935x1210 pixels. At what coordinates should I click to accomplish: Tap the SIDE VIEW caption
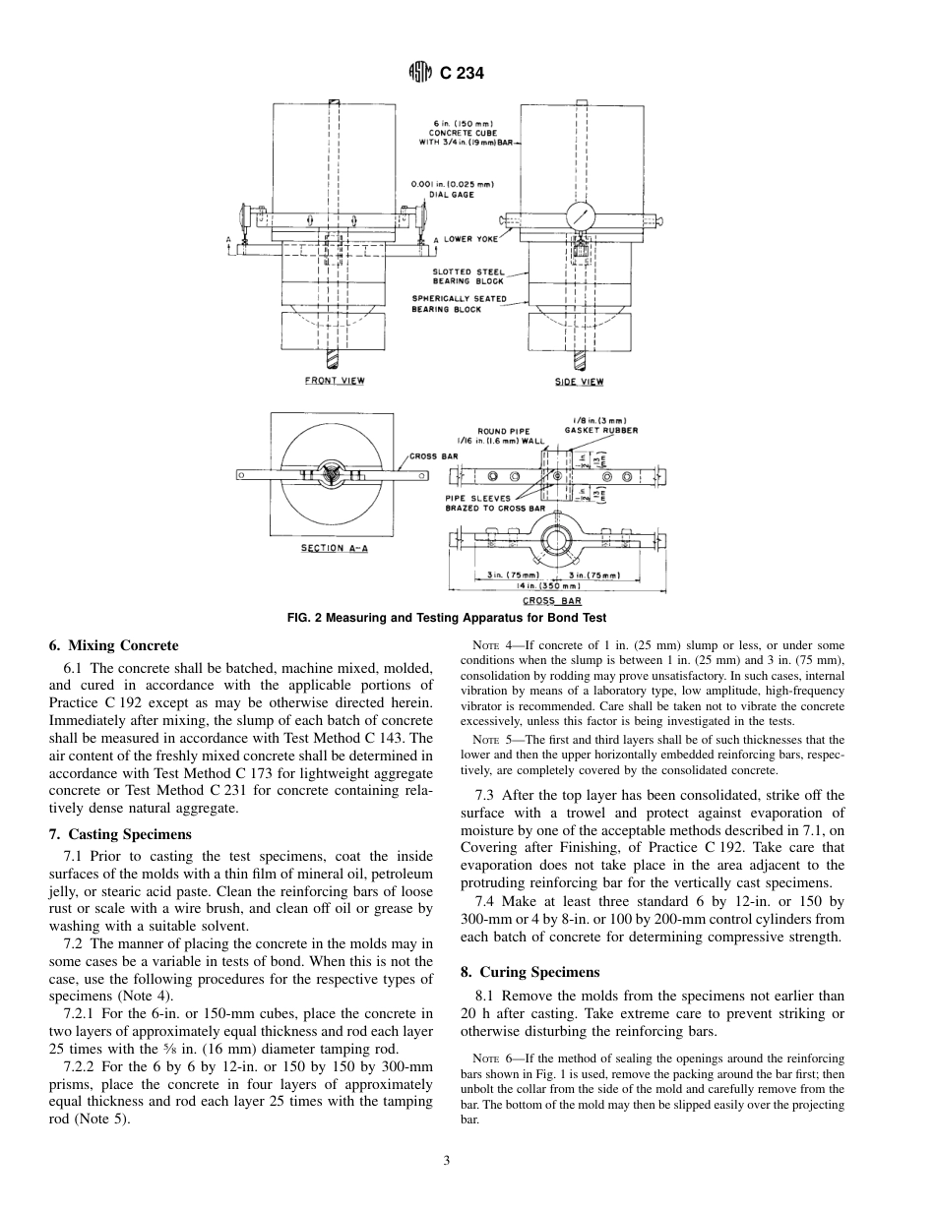(580, 382)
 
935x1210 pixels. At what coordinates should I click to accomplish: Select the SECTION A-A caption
(334, 548)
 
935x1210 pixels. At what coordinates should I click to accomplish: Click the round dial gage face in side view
(582, 217)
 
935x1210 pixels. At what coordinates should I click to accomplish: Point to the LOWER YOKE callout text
(470, 239)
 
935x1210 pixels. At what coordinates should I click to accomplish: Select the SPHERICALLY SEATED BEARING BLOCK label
(460, 304)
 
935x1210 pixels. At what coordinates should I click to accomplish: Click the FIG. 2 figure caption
(446, 618)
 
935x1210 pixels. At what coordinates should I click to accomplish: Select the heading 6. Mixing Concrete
(113, 646)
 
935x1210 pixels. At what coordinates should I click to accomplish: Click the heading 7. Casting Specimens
(120, 834)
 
